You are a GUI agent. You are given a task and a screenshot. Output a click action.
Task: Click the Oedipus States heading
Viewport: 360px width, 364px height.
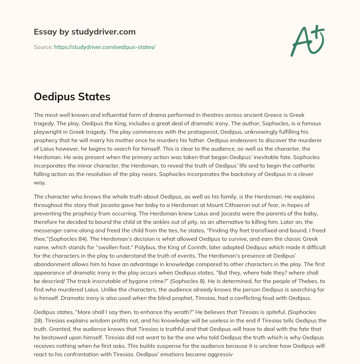tap(72, 97)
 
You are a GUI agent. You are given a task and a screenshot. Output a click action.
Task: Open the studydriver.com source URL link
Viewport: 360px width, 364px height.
tap(104, 47)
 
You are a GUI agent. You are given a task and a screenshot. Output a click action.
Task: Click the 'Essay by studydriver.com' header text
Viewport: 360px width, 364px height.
tap(84, 32)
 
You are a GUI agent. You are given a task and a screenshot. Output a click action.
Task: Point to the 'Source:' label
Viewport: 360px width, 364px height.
tap(43, 47)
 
